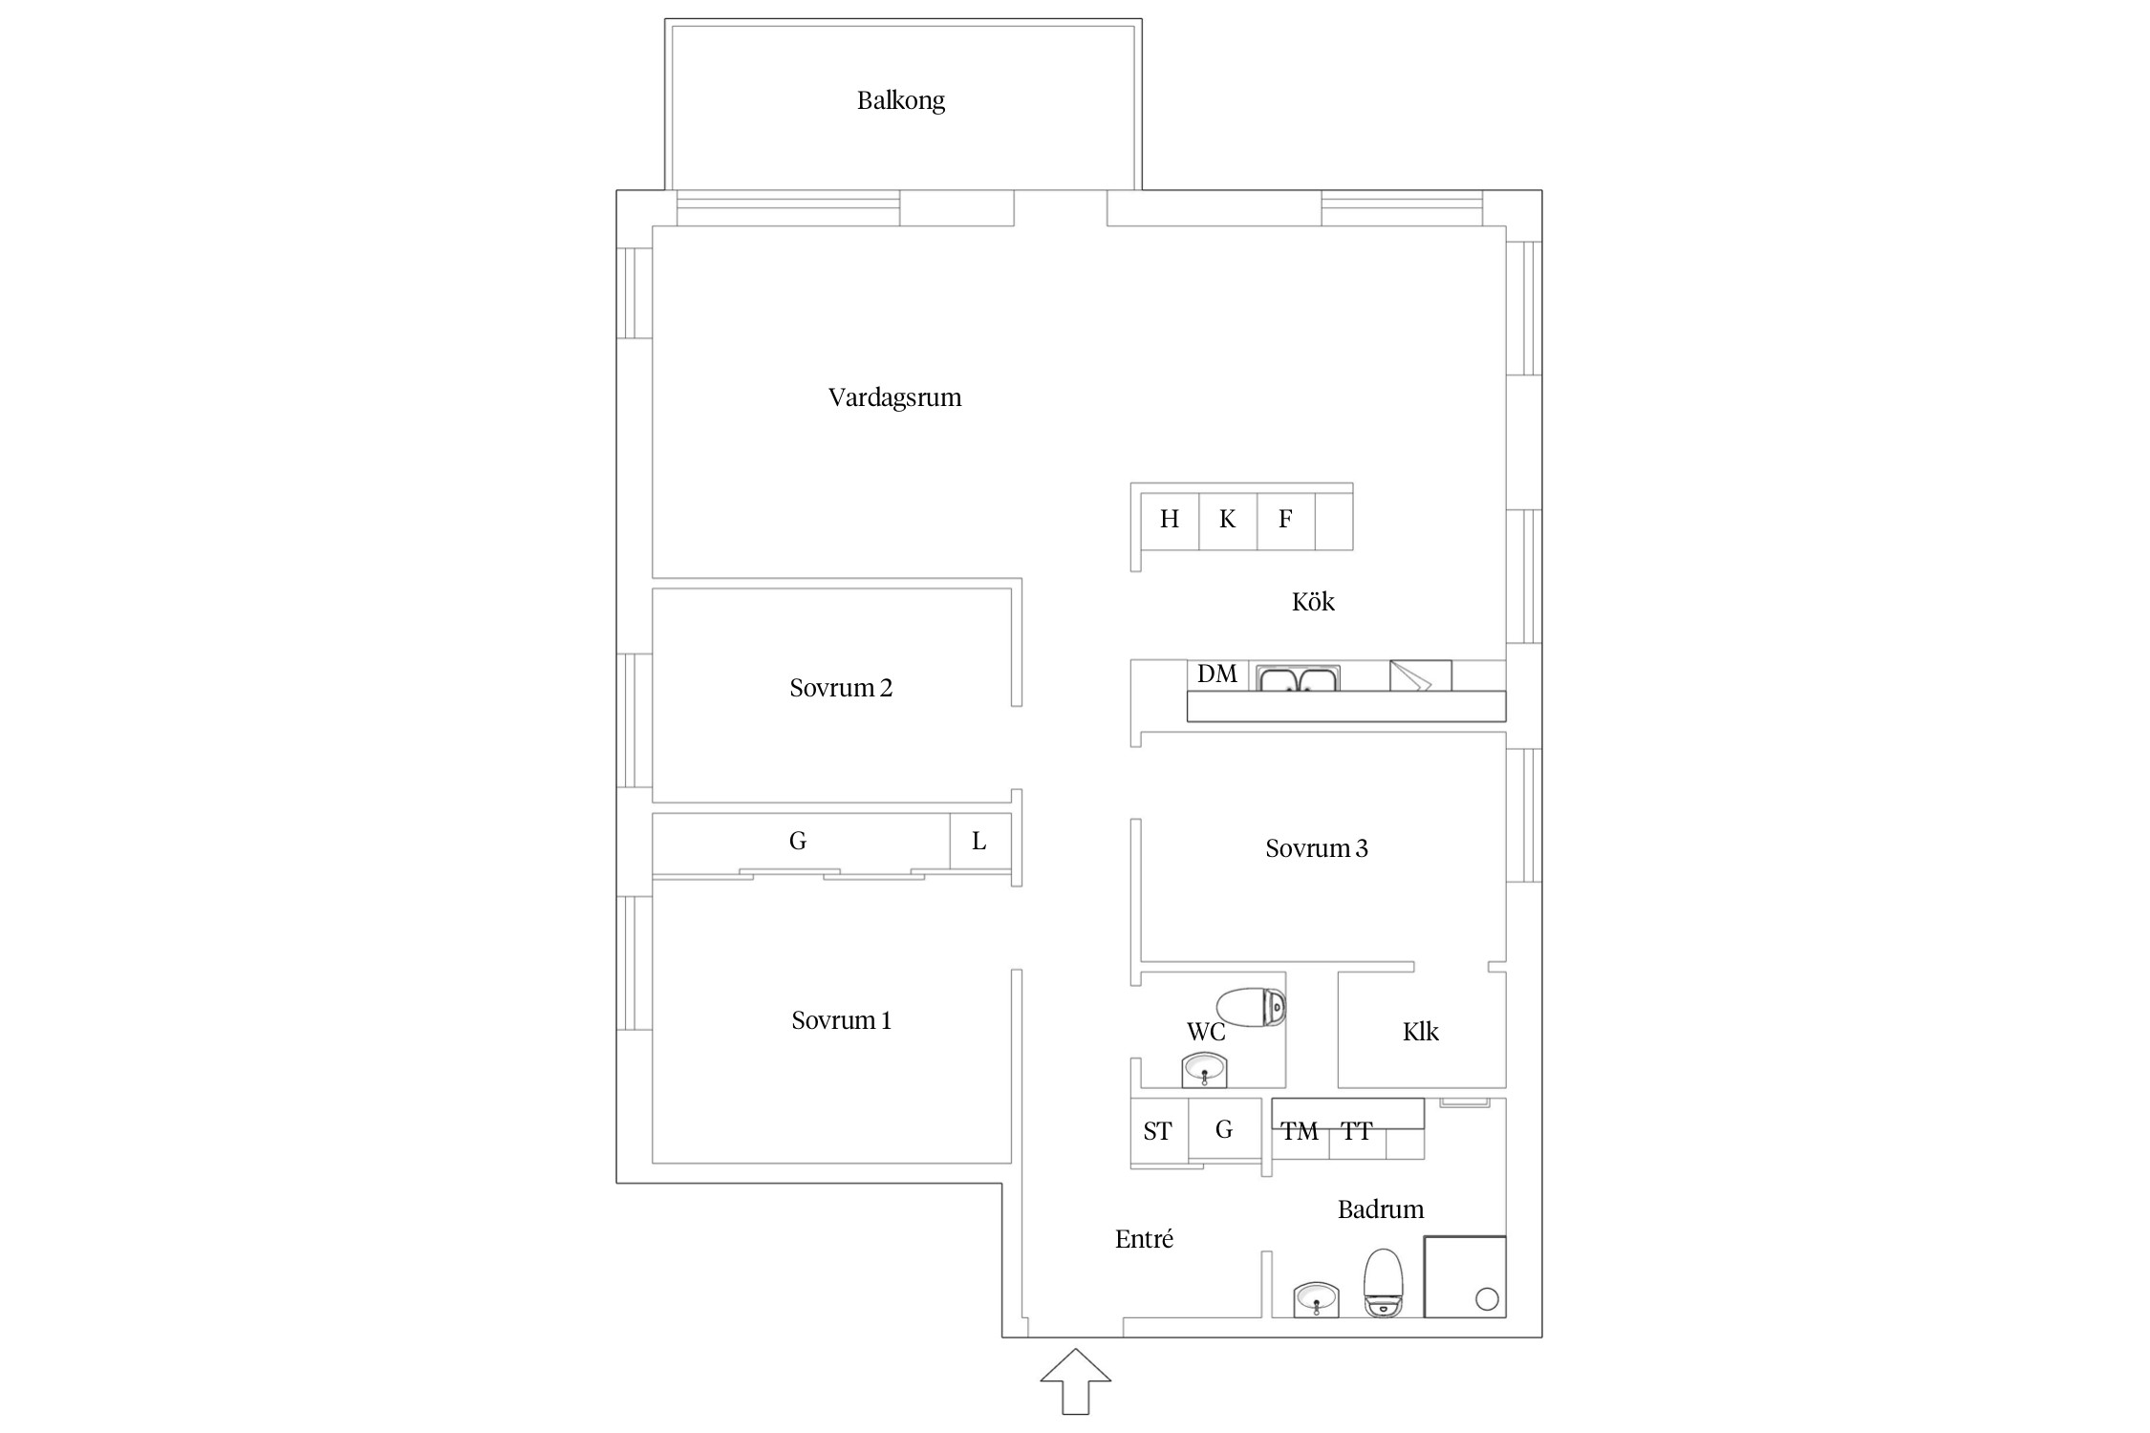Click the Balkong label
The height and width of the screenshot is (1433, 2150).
(900, 100)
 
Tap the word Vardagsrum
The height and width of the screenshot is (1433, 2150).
(894, 397)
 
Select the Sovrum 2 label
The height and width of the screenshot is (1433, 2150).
(841, 688)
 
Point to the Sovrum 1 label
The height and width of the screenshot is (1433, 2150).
(841, 1020)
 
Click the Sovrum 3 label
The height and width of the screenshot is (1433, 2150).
(1317, 848)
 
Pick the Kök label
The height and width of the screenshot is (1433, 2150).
(1313, 601)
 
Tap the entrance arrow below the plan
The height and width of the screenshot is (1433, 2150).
(1076, 1380)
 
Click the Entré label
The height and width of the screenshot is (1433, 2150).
(1144, 1239)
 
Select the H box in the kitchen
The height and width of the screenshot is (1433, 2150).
(1170, 521)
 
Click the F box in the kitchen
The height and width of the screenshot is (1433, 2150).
(1286, 521)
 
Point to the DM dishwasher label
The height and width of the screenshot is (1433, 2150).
(1217, 674)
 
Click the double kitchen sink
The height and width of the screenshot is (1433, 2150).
(1298, 678)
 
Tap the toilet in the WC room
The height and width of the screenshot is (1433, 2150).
(1251, 1007)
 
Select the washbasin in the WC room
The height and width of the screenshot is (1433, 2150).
(1204, 1070)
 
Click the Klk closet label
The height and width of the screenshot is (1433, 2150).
(1421, 1032)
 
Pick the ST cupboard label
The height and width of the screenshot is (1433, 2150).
(1157, 1132)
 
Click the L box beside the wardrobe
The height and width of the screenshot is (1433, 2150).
(979, 841)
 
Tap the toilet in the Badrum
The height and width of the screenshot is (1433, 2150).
(1383, 1283)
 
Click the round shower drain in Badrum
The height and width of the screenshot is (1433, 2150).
(1487, 1299)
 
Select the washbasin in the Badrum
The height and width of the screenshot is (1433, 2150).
(1316, 1299)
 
